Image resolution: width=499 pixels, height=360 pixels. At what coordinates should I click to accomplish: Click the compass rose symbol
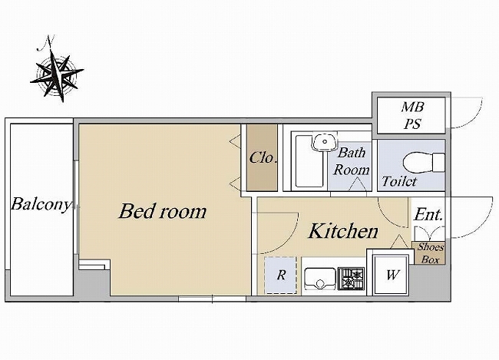[57, 76]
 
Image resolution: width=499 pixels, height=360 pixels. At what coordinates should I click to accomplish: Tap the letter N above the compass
[46, 42]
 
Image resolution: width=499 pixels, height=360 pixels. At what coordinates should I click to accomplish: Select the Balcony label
[41, 204]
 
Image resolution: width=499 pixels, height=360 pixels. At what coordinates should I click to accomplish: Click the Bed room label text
[163, 211]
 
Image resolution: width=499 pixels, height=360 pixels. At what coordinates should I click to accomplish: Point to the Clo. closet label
[263, 157]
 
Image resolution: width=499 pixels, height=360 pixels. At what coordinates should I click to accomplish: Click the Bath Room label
[352, 161]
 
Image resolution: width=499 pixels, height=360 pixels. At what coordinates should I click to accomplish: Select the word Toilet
[399, 181]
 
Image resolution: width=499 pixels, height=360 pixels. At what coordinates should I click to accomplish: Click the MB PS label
[412, 115]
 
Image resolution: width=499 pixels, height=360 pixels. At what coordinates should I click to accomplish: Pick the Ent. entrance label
[428, 214]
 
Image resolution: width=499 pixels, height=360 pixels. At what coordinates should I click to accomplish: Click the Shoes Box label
[430, 253]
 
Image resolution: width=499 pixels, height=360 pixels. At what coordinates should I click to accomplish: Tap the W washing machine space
[392, 275]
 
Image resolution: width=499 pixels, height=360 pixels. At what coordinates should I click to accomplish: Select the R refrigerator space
[281, 275]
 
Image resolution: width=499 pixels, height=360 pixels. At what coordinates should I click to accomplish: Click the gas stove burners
[351, 278]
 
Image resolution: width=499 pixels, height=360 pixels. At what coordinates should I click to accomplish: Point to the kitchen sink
[320, 279]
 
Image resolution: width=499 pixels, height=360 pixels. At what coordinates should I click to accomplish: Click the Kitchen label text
[343, 231]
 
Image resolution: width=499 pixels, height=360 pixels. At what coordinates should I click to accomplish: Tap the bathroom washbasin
[324, 142]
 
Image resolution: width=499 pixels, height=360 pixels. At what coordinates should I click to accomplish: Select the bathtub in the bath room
[309, 161]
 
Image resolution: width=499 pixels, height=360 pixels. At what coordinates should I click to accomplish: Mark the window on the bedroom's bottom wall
[212, 299]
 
